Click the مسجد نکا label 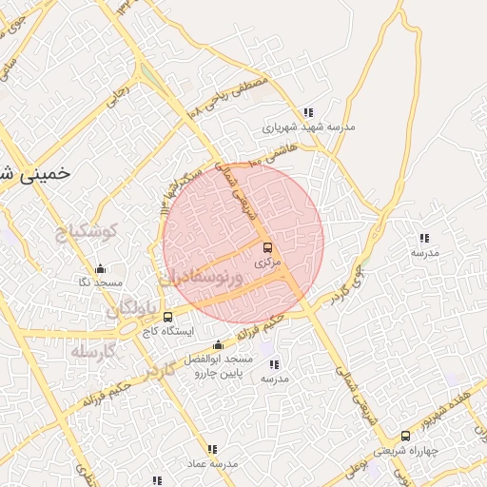tap(100, 283)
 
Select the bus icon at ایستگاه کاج tap(168, 317)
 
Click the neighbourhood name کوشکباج tap(85, 231)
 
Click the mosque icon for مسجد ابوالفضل tap(219, 344)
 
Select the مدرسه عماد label tap(213, 463)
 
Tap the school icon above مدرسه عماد tap(212, 449)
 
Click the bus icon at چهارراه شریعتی tap(406, 436)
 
